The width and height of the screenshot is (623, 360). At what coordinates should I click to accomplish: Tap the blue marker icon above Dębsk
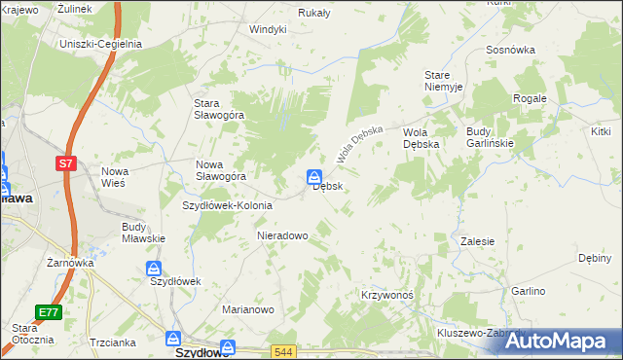pyautogui.click(x=314, y=177)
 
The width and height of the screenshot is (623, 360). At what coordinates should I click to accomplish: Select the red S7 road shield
pyautogui.click(x=65, y=164)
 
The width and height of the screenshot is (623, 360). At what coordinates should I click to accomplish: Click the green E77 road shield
pyautogui.click(x=49, y=312)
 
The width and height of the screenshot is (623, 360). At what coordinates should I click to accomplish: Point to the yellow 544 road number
pyautogui.click(x=283, y=351)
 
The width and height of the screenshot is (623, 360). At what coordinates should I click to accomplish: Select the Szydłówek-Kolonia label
pyautogui.click(x=228, y=205)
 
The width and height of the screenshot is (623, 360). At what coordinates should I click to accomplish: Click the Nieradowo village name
pyautogui.click(x=282, y=235)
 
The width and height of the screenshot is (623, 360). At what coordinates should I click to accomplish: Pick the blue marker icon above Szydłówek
pyautogui.click(x=154, y=268)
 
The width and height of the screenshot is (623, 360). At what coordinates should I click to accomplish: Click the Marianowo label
pyautogui.click(x=248, y=309)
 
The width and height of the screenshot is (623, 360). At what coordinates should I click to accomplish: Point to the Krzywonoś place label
pyautogui.click(x=387, y=295)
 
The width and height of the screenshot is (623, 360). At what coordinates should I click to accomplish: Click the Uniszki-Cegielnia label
pyautogui.click(x=101, y=44)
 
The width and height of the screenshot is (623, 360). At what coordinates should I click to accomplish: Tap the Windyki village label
pyautogui.click(x=268, y=29)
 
